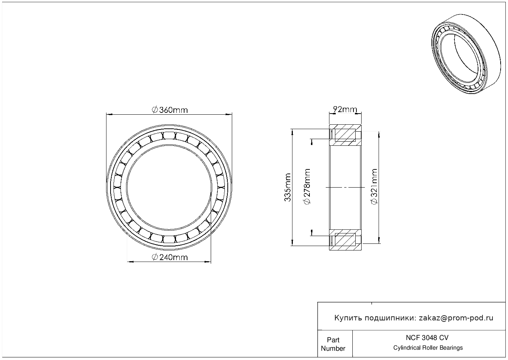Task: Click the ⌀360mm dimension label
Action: pyautogui.click(x=170, y=110)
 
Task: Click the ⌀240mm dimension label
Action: pyautogui.click(x=170, y=258)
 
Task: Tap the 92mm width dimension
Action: pyautogui.click(x=345, y=110)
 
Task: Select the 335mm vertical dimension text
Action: pyautogui.click(x=288, y=187)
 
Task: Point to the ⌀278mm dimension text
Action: pyautogui.click(x=307, y=186)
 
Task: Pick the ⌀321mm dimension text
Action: pyautogui.click(x=374, y=186)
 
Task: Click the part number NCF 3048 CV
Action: pyautogui.click(x=427, y=338)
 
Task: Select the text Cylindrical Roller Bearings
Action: pyautogui.click(x=428, y=348)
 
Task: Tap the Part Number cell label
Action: pyautogui.click(x=333, y=344)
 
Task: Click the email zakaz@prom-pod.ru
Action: pyautogui.click(x=456, y=318)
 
